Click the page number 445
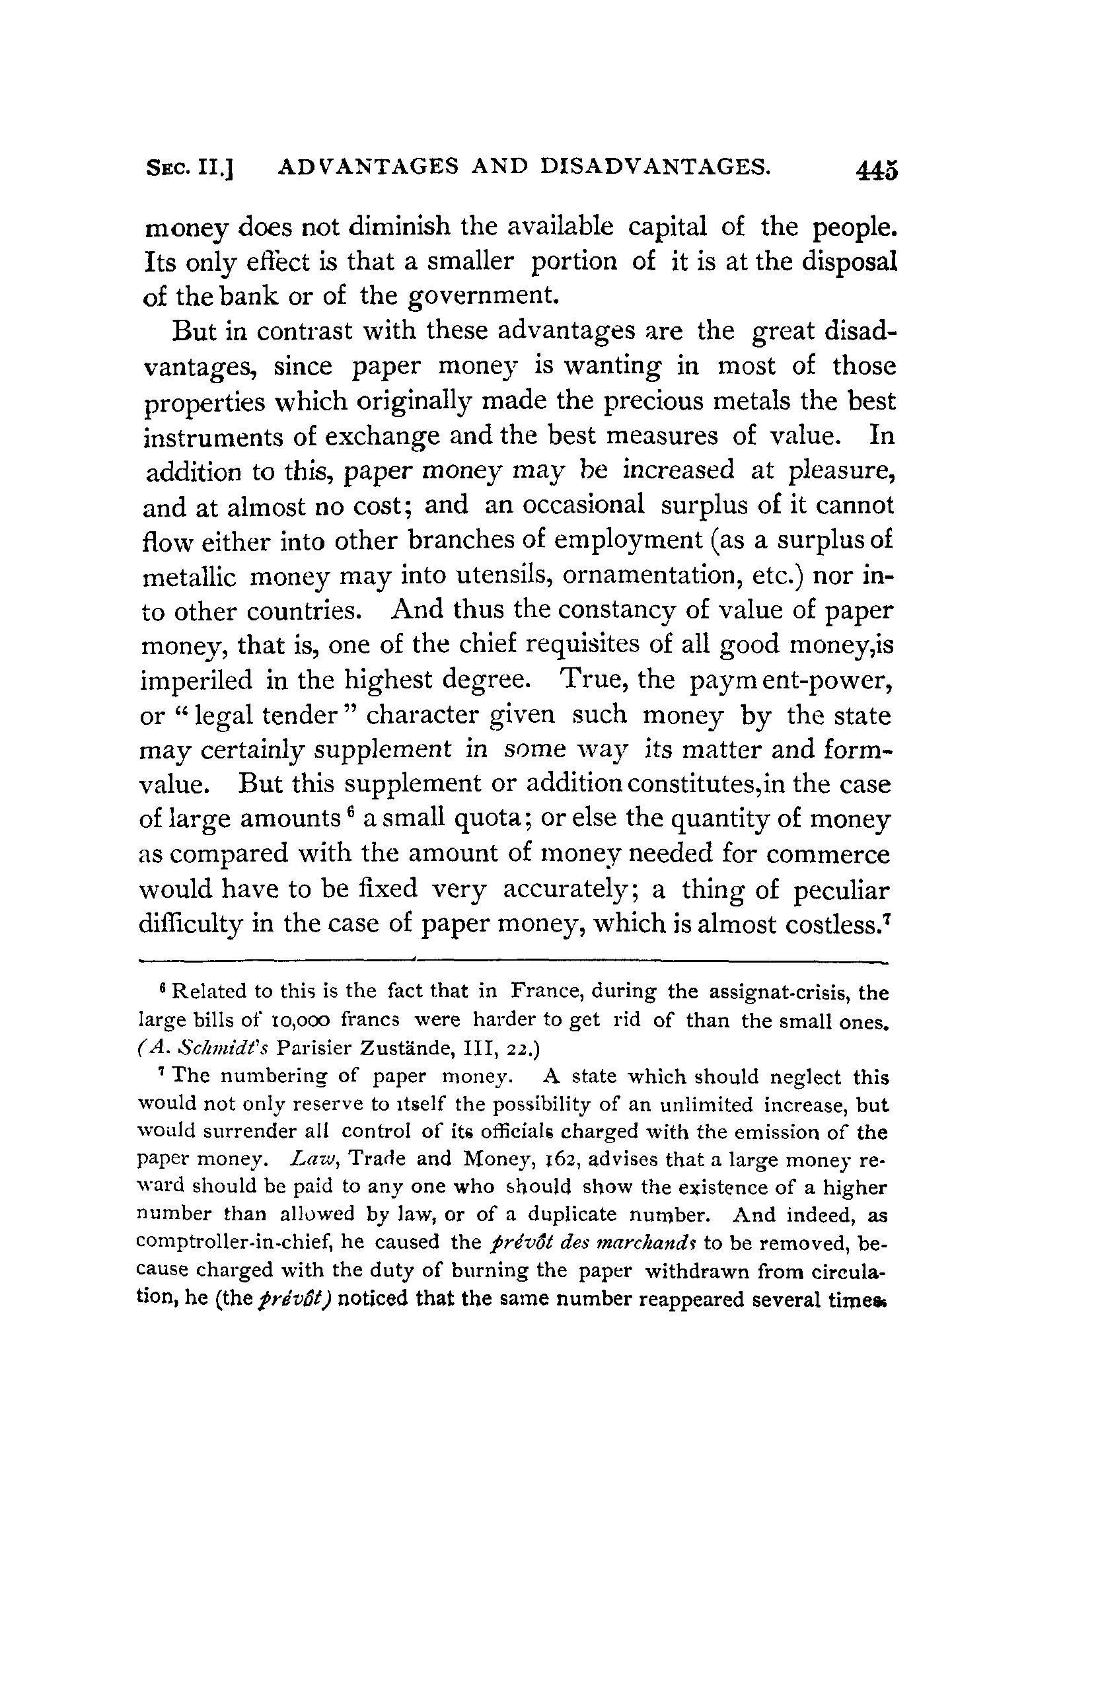[x=877, y=171]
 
